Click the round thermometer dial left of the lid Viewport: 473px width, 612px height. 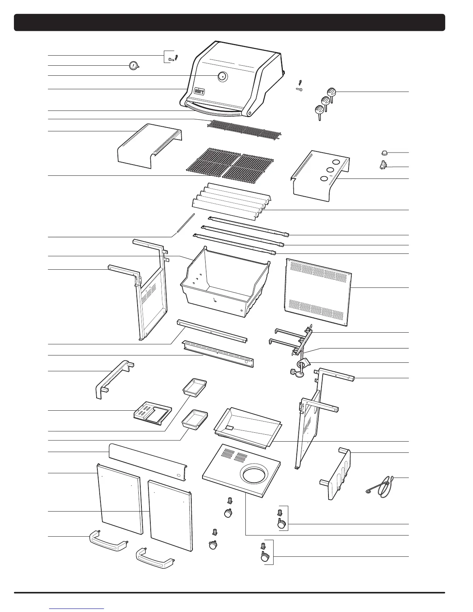click(133, 66)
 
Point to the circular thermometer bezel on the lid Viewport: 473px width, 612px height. click(223, 76)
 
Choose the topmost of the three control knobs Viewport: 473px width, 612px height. click(332, 92)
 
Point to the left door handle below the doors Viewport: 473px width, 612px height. click(108, 540)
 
